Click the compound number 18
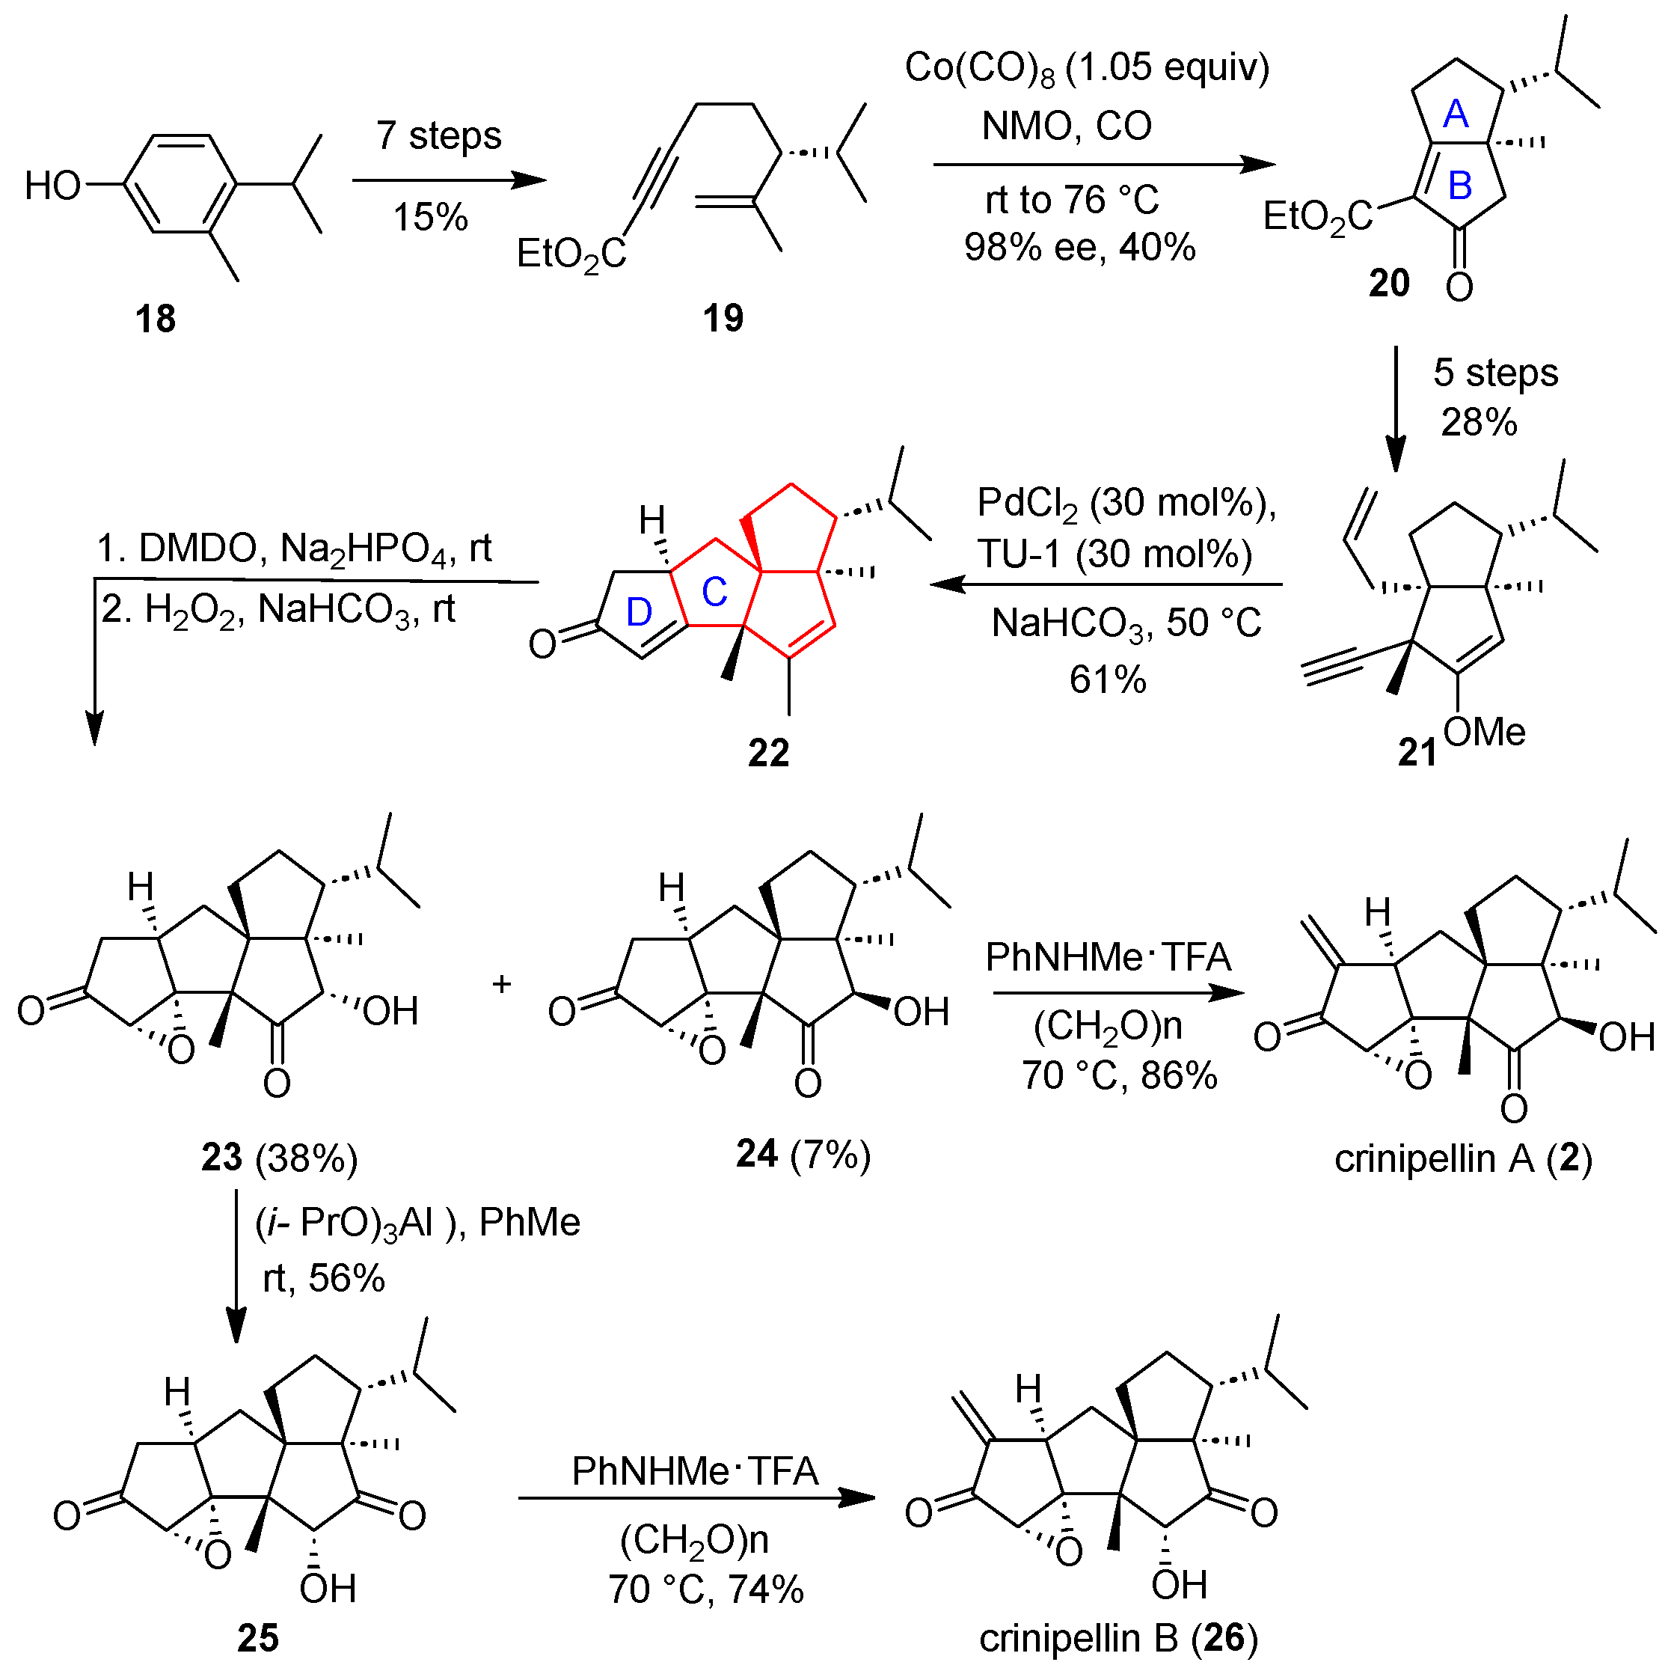tap(155, 319)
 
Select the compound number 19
tap(723, 318)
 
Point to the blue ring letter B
tap(1459, 185)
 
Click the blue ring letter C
tap(714, 593)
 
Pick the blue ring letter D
tap(638, 612)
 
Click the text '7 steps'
tap(438, 135)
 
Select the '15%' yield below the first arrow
tap(431, 217)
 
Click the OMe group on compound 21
tap(1484, 732)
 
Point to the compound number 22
tap(769, 754)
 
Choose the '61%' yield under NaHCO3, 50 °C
tap(1108, 679)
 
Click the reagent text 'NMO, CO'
tap(1066, 126)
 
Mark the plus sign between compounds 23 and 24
tap(502, 983)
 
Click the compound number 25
tap(257, 1638)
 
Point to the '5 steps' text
tap(1495, 373)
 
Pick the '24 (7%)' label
tap(803, 1155)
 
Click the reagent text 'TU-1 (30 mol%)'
tap(1114, 554)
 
